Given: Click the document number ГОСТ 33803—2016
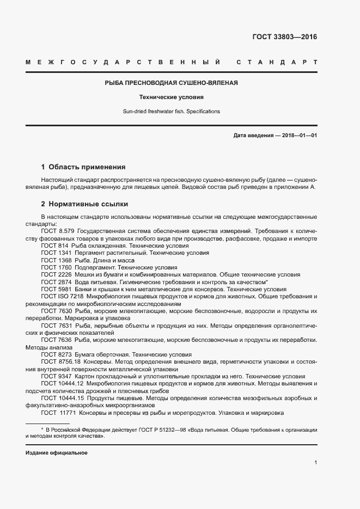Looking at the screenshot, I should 284,38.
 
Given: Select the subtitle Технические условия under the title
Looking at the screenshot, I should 171,97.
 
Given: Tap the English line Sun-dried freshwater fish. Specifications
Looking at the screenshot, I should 171,111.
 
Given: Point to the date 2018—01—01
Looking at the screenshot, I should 299,135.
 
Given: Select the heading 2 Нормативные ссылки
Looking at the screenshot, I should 84,204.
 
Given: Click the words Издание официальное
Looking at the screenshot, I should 57,453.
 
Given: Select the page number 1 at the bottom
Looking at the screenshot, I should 315,463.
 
